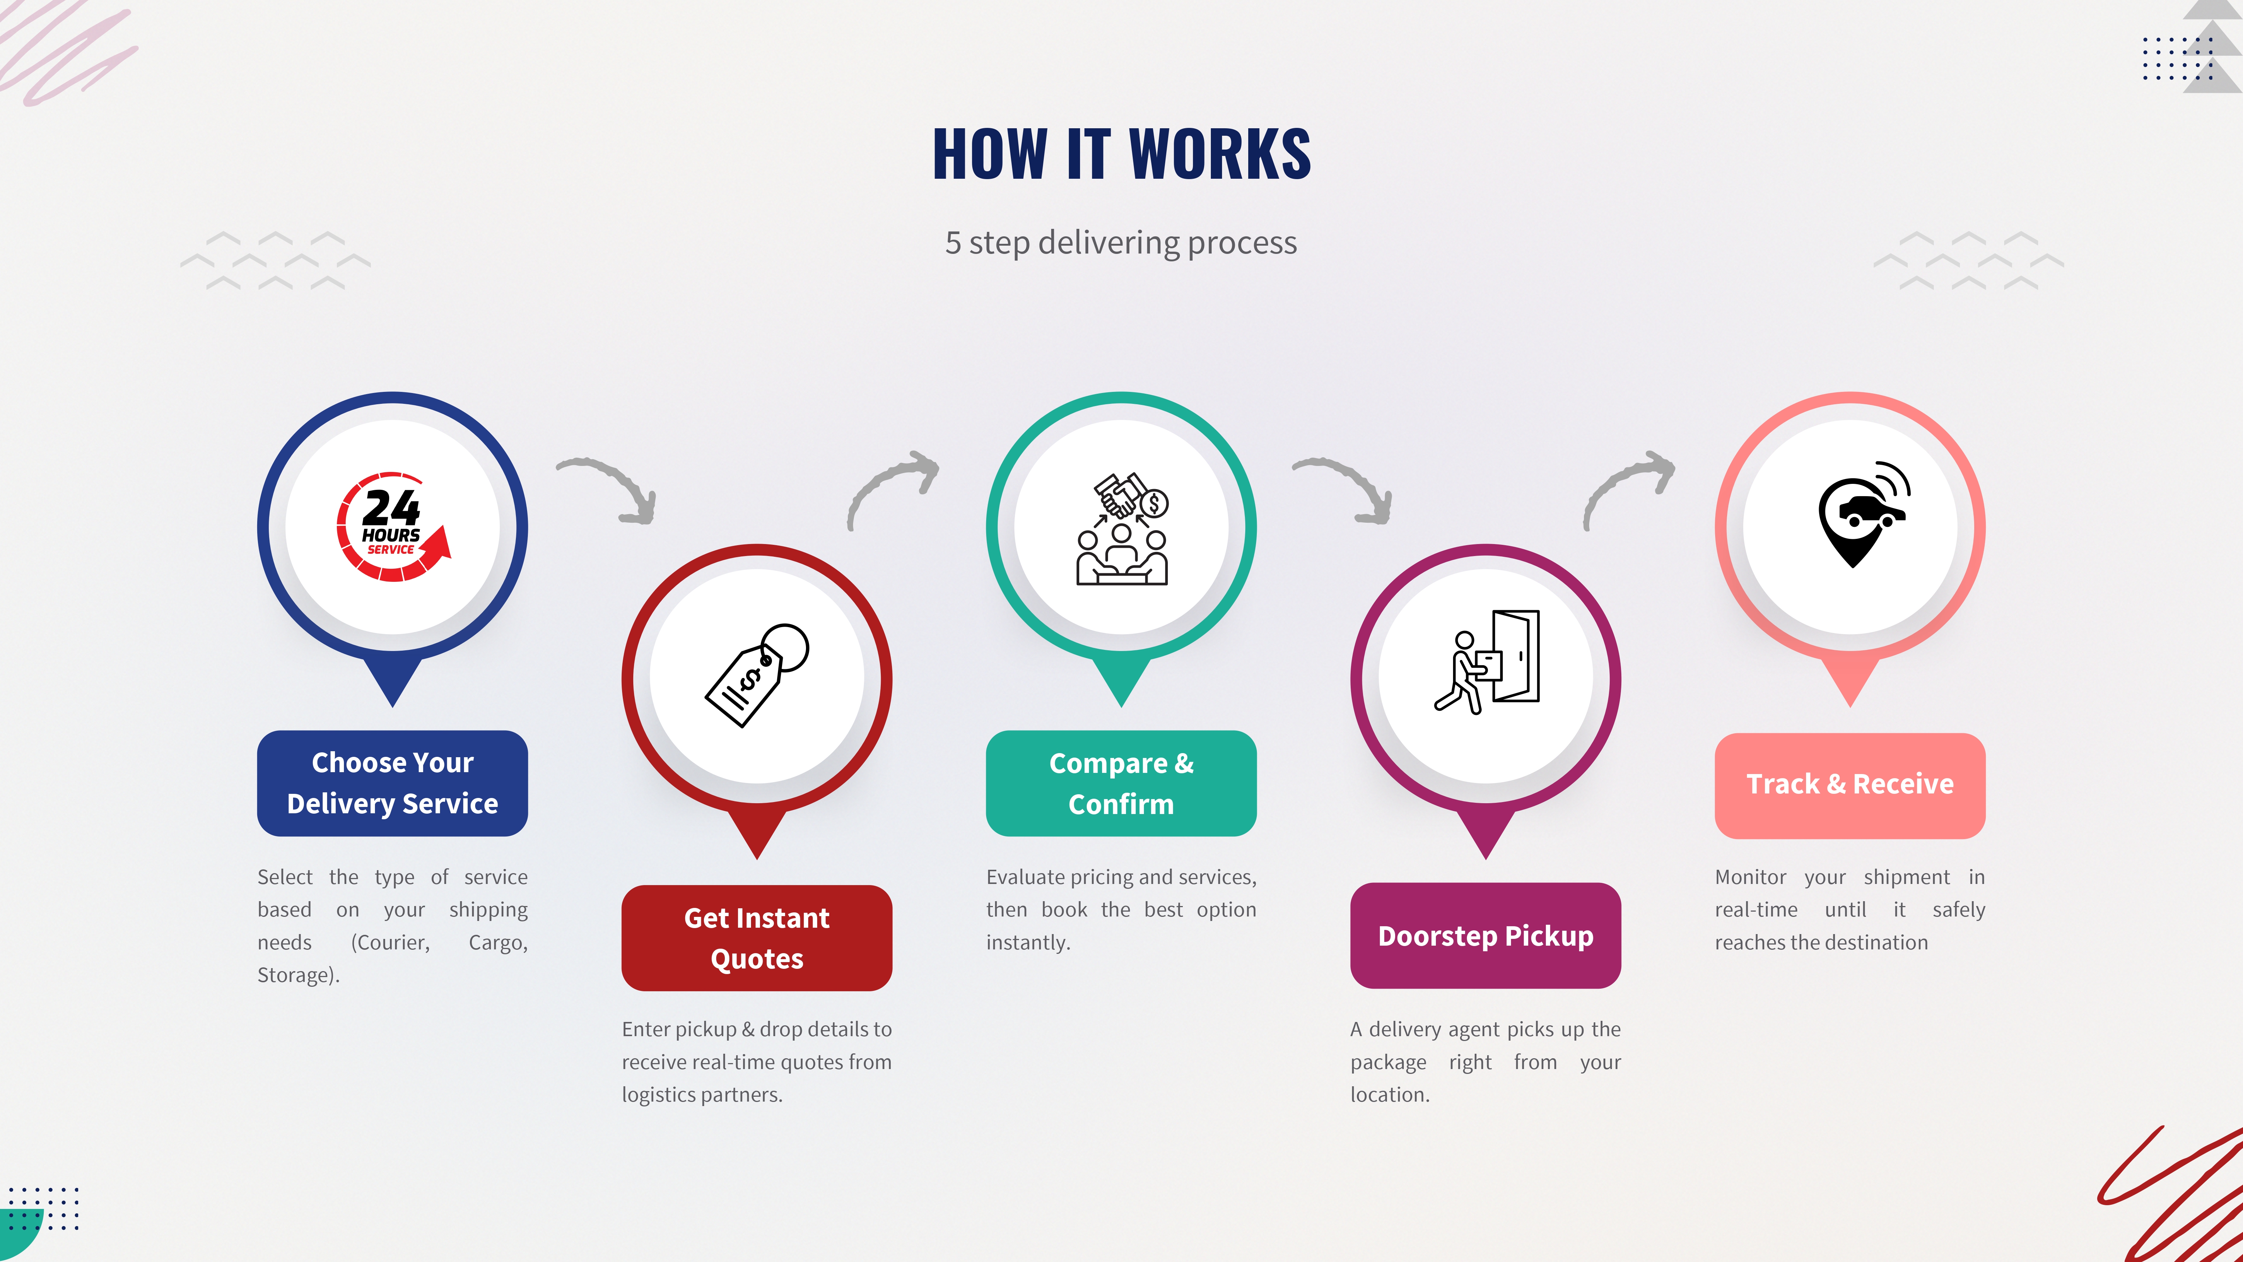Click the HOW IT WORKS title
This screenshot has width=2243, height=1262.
click(x=1121, y=154)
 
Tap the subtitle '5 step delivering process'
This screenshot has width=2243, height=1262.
click(x=1121, y=242)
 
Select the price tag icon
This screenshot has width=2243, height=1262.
click(x=756, y=675)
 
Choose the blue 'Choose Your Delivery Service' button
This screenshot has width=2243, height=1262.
click(x=393, y=783)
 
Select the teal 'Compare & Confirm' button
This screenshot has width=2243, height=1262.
click(x=1121, y=783)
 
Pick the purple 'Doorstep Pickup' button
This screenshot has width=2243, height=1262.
click(x=1486, y=936)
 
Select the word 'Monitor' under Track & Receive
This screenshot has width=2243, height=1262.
click(x=1750, y=877)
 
